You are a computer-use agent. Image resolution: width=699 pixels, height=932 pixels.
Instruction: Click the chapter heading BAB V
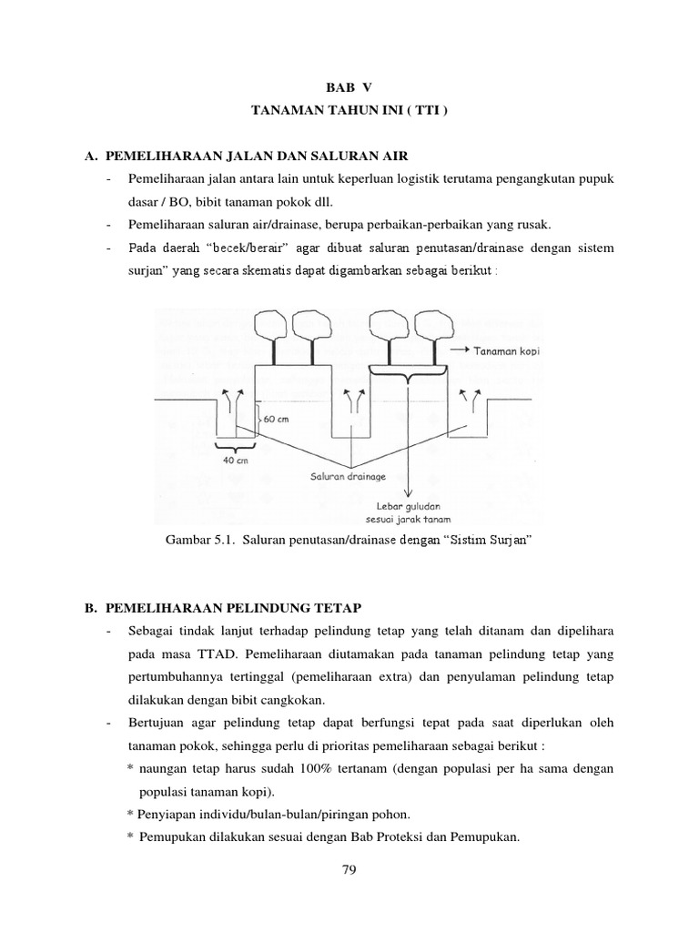click(349, 87)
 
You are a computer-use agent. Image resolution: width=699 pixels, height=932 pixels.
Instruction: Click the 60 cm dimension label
click(276, 420)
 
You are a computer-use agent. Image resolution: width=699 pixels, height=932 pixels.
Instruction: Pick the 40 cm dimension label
click(234, 460)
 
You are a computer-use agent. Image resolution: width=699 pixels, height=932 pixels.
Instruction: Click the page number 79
click(349, 869)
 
